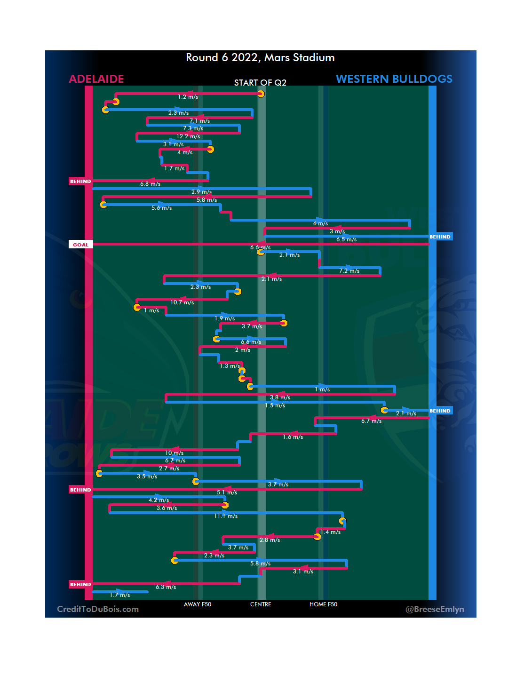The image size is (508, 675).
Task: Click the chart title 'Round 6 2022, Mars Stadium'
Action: coord(260,57)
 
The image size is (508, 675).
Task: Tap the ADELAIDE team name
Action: coord(96,79)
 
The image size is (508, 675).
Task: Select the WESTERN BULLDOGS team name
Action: coord(394,79)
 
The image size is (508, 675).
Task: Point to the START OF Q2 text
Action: coord(260,83)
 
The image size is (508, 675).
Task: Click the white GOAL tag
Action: coord(80,245)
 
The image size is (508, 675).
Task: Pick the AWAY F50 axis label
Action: coord(198,604)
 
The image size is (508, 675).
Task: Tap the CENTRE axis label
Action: coord(261,604)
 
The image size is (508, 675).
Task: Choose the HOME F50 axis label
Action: coord(323,604)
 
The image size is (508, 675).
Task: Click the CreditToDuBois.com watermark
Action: coord(98,609)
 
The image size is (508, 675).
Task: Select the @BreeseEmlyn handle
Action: coord(435,609)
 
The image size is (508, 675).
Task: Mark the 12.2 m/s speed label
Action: coord(188,136)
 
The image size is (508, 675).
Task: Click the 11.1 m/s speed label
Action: coord(226,516)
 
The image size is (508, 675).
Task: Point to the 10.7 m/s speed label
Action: coord(182,302)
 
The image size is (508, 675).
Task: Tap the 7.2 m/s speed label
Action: coord(349,271)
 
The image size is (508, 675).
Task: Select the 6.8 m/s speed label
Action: coord(150,184)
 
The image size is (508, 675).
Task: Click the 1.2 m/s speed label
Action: coord(188,97)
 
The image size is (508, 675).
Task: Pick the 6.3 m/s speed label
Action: coord(166,587)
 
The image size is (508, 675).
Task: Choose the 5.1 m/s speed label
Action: coord(227,492)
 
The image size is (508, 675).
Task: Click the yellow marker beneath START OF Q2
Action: coord(261,94)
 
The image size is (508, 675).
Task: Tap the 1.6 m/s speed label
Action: coord(293,437)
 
